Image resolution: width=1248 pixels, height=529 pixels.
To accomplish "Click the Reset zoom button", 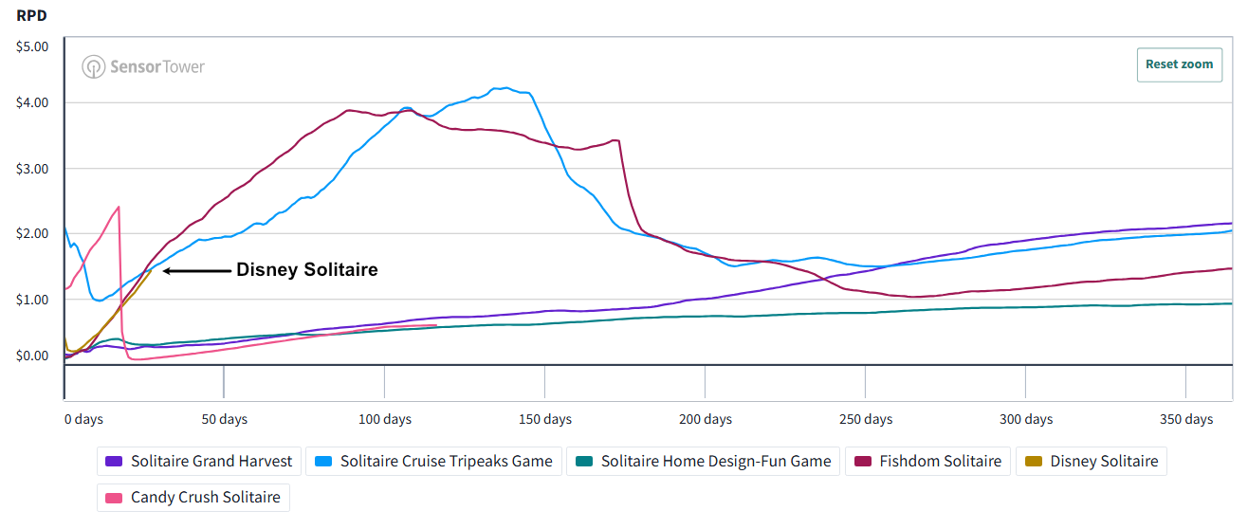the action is [1180, 64].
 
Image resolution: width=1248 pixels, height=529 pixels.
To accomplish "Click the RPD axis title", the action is [31, 15].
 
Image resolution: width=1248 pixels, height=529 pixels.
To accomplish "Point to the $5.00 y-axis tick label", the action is [32, 46].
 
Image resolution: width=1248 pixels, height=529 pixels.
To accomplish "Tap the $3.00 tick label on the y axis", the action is [32, 169].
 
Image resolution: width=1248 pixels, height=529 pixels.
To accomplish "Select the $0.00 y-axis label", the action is [32, 356].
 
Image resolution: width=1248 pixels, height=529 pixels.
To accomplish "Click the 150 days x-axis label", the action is [545, 419].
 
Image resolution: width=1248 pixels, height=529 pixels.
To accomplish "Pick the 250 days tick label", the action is [866, 419].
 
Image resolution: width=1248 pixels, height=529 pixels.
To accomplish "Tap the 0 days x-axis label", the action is [83, 419].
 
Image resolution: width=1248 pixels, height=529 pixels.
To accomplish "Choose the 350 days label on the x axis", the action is [1186, 419].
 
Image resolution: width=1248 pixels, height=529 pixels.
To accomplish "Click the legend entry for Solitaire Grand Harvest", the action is [199, 461].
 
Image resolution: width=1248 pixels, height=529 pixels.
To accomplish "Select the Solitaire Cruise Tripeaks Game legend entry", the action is [434, 461].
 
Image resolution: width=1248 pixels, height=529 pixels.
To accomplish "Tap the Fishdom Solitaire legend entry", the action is [927, 461].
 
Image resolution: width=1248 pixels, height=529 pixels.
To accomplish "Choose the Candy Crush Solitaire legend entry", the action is [193, 498].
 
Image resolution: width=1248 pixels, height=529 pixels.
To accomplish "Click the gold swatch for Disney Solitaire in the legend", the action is [1034, 462].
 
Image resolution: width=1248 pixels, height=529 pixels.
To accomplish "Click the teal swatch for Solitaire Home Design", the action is [584, 462].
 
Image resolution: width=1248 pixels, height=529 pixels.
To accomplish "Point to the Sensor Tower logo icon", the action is [93, 66].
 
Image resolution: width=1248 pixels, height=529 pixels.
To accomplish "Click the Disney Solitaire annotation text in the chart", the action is [307, 269].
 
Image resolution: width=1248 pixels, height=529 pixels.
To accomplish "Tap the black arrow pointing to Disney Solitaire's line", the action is [196, 271].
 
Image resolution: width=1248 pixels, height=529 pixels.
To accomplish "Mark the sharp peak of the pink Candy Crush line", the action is [119, 208].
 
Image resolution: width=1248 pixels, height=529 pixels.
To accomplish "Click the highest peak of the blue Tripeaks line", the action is [505, 87].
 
